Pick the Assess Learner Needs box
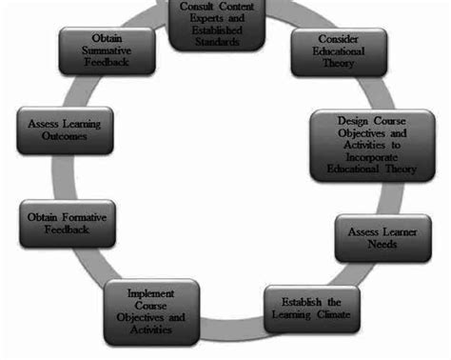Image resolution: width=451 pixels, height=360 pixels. (379, 237)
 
